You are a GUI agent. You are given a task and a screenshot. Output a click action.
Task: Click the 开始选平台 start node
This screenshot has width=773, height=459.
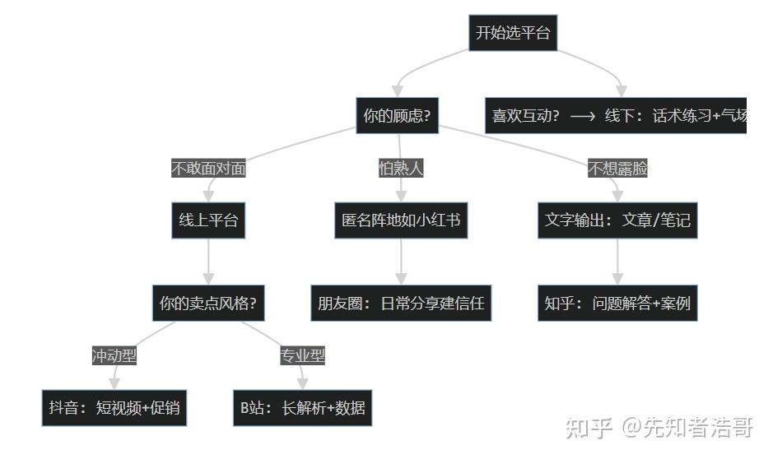click(513, 34)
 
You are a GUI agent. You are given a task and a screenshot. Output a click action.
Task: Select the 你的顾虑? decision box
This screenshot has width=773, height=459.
click(397, 116)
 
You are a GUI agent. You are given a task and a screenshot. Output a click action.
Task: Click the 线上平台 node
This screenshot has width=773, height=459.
click(208, 220)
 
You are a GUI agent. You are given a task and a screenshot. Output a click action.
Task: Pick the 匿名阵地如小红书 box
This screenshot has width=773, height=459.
click(401, 220)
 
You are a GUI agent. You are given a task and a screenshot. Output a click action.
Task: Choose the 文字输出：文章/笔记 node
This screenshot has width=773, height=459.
click(617, 220)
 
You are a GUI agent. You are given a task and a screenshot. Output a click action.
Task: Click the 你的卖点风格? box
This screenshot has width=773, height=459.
click(208, 304)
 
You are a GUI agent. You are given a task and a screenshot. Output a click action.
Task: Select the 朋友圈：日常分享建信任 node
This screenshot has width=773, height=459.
click(401, 304)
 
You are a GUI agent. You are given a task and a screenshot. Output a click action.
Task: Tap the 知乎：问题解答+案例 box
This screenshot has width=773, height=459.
click(617, 304)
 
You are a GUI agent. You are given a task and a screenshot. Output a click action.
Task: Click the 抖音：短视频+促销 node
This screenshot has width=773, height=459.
click(114, 407)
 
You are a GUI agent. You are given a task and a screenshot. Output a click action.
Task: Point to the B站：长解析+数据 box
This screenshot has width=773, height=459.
click(303, 407)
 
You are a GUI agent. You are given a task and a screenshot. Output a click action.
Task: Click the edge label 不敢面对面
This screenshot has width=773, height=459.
click(208, 169)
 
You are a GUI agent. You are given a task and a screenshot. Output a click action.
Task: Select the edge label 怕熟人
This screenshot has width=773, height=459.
click(401, 169)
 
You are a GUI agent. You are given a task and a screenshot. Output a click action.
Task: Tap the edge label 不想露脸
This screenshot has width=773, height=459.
click(617, 169)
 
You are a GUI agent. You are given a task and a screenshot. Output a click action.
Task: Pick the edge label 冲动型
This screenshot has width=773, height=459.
click(114, 355)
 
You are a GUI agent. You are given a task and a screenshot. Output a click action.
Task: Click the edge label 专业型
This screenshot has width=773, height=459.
click(303, 355)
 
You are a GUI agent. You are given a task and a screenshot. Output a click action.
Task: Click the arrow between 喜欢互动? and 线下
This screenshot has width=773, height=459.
click(582, 117)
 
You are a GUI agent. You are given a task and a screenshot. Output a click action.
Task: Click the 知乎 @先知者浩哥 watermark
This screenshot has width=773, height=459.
click(659, 428)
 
